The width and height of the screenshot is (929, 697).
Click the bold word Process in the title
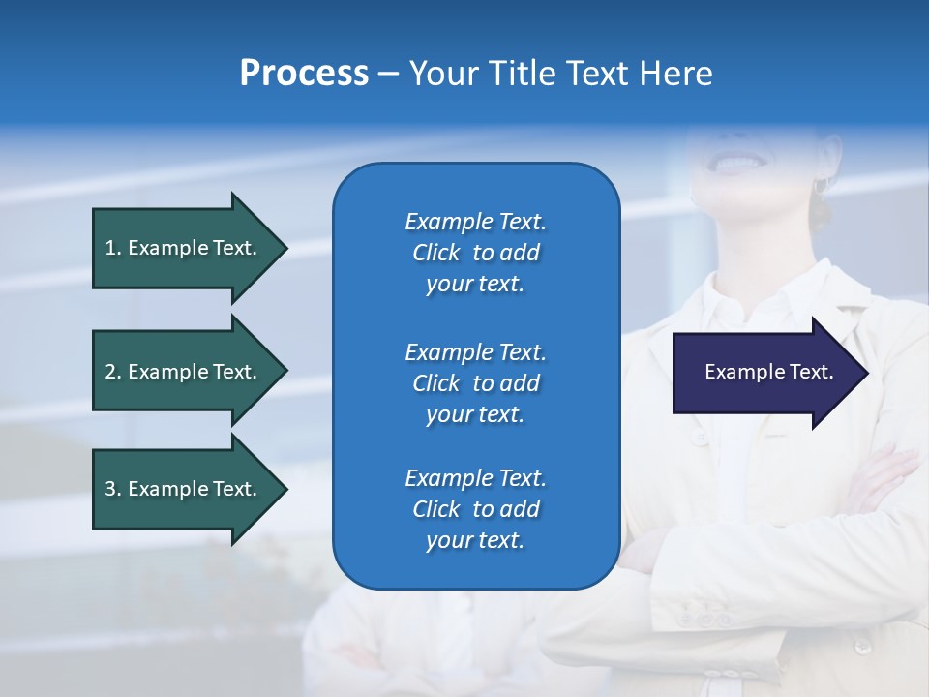304,74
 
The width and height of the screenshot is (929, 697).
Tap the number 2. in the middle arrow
113,372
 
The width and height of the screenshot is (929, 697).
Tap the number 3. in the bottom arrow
113,489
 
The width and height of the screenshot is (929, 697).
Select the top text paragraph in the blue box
475,253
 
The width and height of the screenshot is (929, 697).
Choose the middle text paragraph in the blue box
475,382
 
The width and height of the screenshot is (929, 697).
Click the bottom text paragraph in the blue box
475,509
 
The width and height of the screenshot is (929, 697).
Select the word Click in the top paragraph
436,253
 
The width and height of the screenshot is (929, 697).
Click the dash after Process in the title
389,75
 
